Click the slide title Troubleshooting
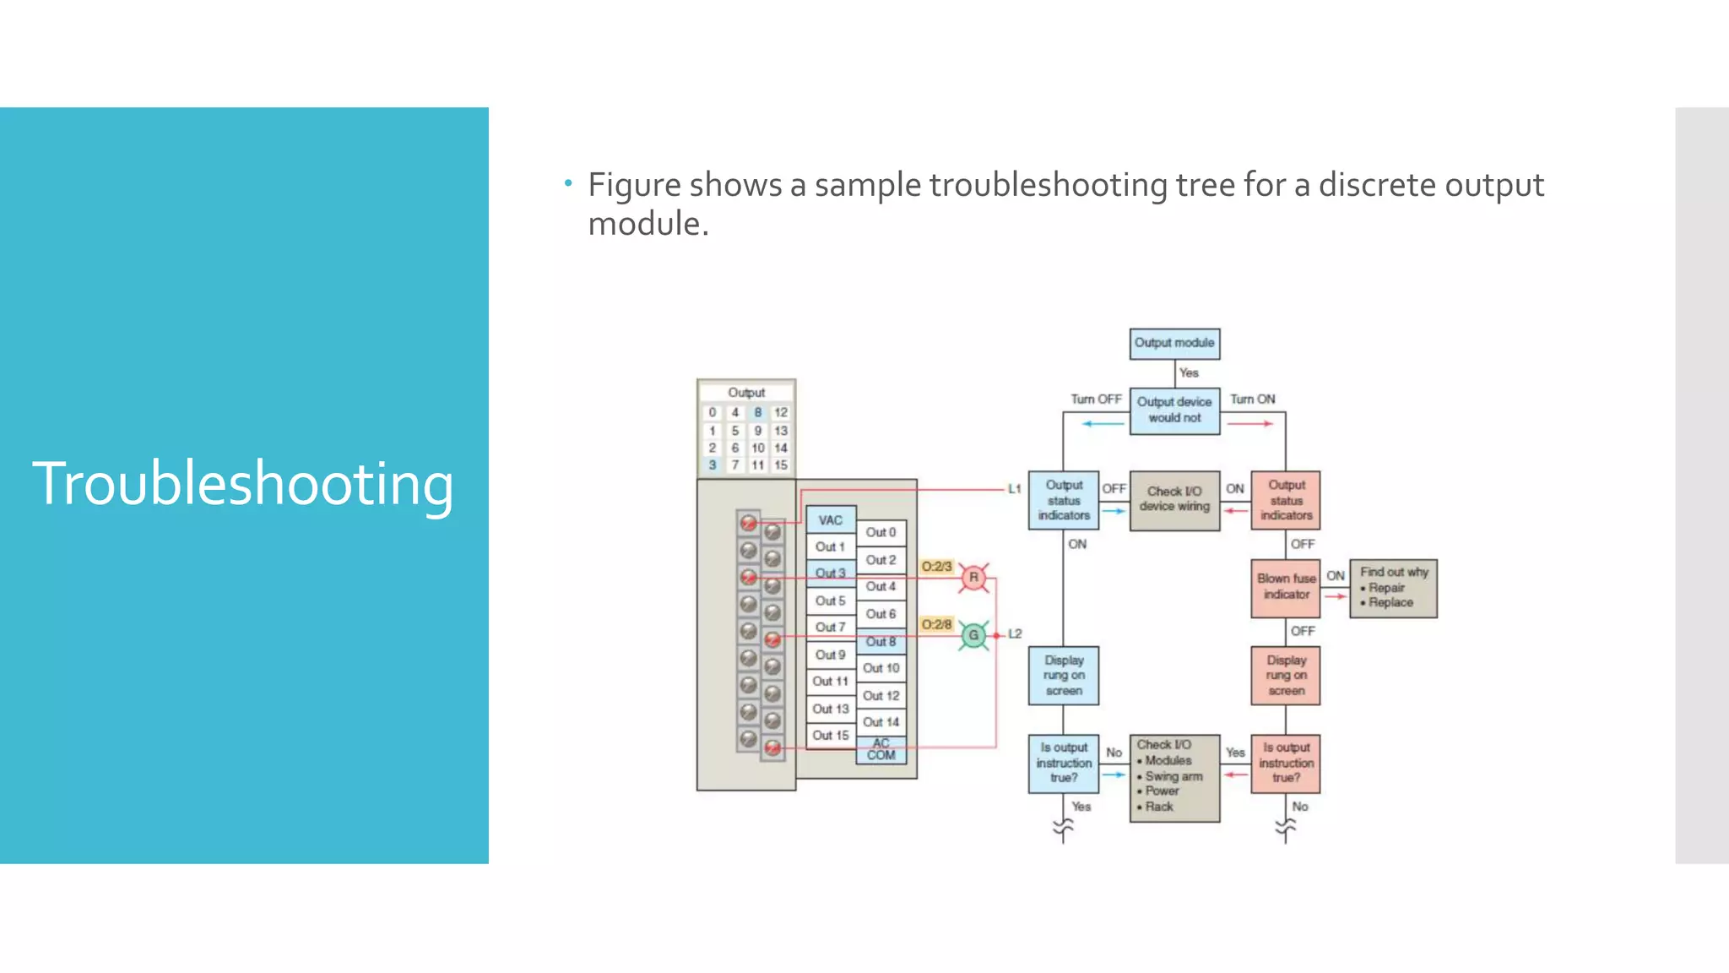(x=243, y=483)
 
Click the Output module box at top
(x=1174, y=343)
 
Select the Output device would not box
(x=1174, y=410)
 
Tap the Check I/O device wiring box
(x=1174, y=499)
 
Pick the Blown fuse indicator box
(x=1286, y=587)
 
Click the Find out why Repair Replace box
(x=1393, y=588)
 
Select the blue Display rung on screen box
(x=1064, y=675)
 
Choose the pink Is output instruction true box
(x=1286, y=763)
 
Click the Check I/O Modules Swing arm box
(x=1174, y=776)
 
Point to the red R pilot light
(x=973, y=578)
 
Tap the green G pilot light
(x=973, y=635)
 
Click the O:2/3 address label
(x=936, y=567)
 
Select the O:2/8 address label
(x=936, y=624)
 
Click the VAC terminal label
(x=831, y=520)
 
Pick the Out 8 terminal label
(x=881, y=642)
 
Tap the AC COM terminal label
(x=881, y=750)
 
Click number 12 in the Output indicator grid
(x=781, y=412)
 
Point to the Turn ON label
(x=1253, y=399)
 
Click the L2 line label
(x=1015, y=633)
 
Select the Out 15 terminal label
(x=831, y=736)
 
